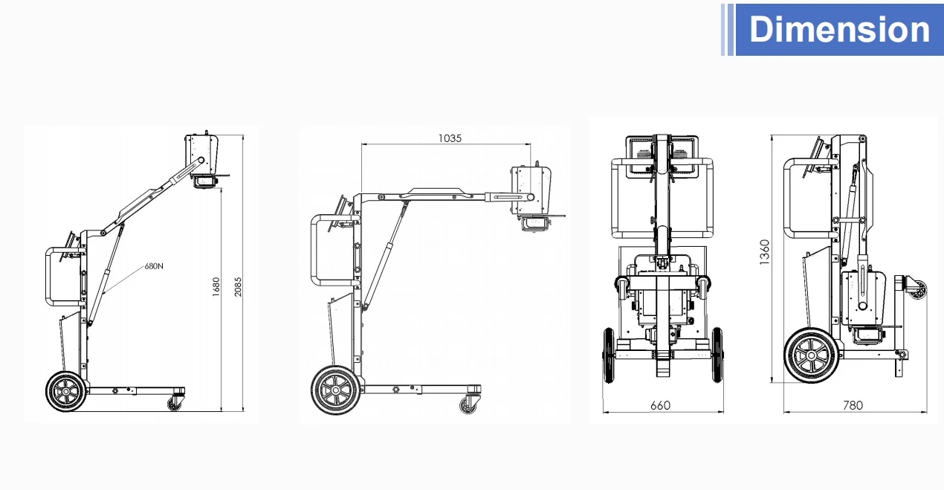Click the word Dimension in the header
coord(839,29)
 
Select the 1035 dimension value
coord(450,138)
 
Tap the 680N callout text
coord(154,266)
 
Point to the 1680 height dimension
coord(216,287)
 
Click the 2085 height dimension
coord(238,287)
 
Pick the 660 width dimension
coord(660,405)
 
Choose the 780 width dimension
coord(853,405)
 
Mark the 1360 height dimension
coord(764,252)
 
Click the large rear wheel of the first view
coord(66,392)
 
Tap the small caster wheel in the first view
coord(174,404)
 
